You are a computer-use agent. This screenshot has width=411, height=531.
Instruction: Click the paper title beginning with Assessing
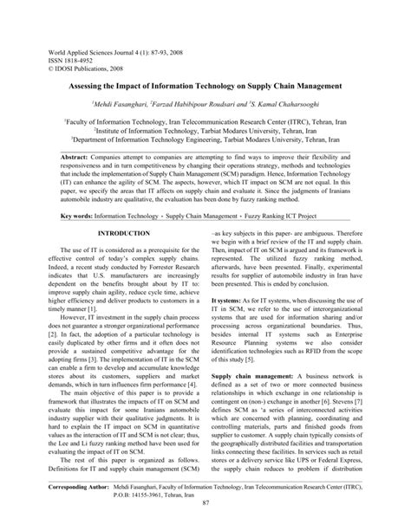205,88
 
